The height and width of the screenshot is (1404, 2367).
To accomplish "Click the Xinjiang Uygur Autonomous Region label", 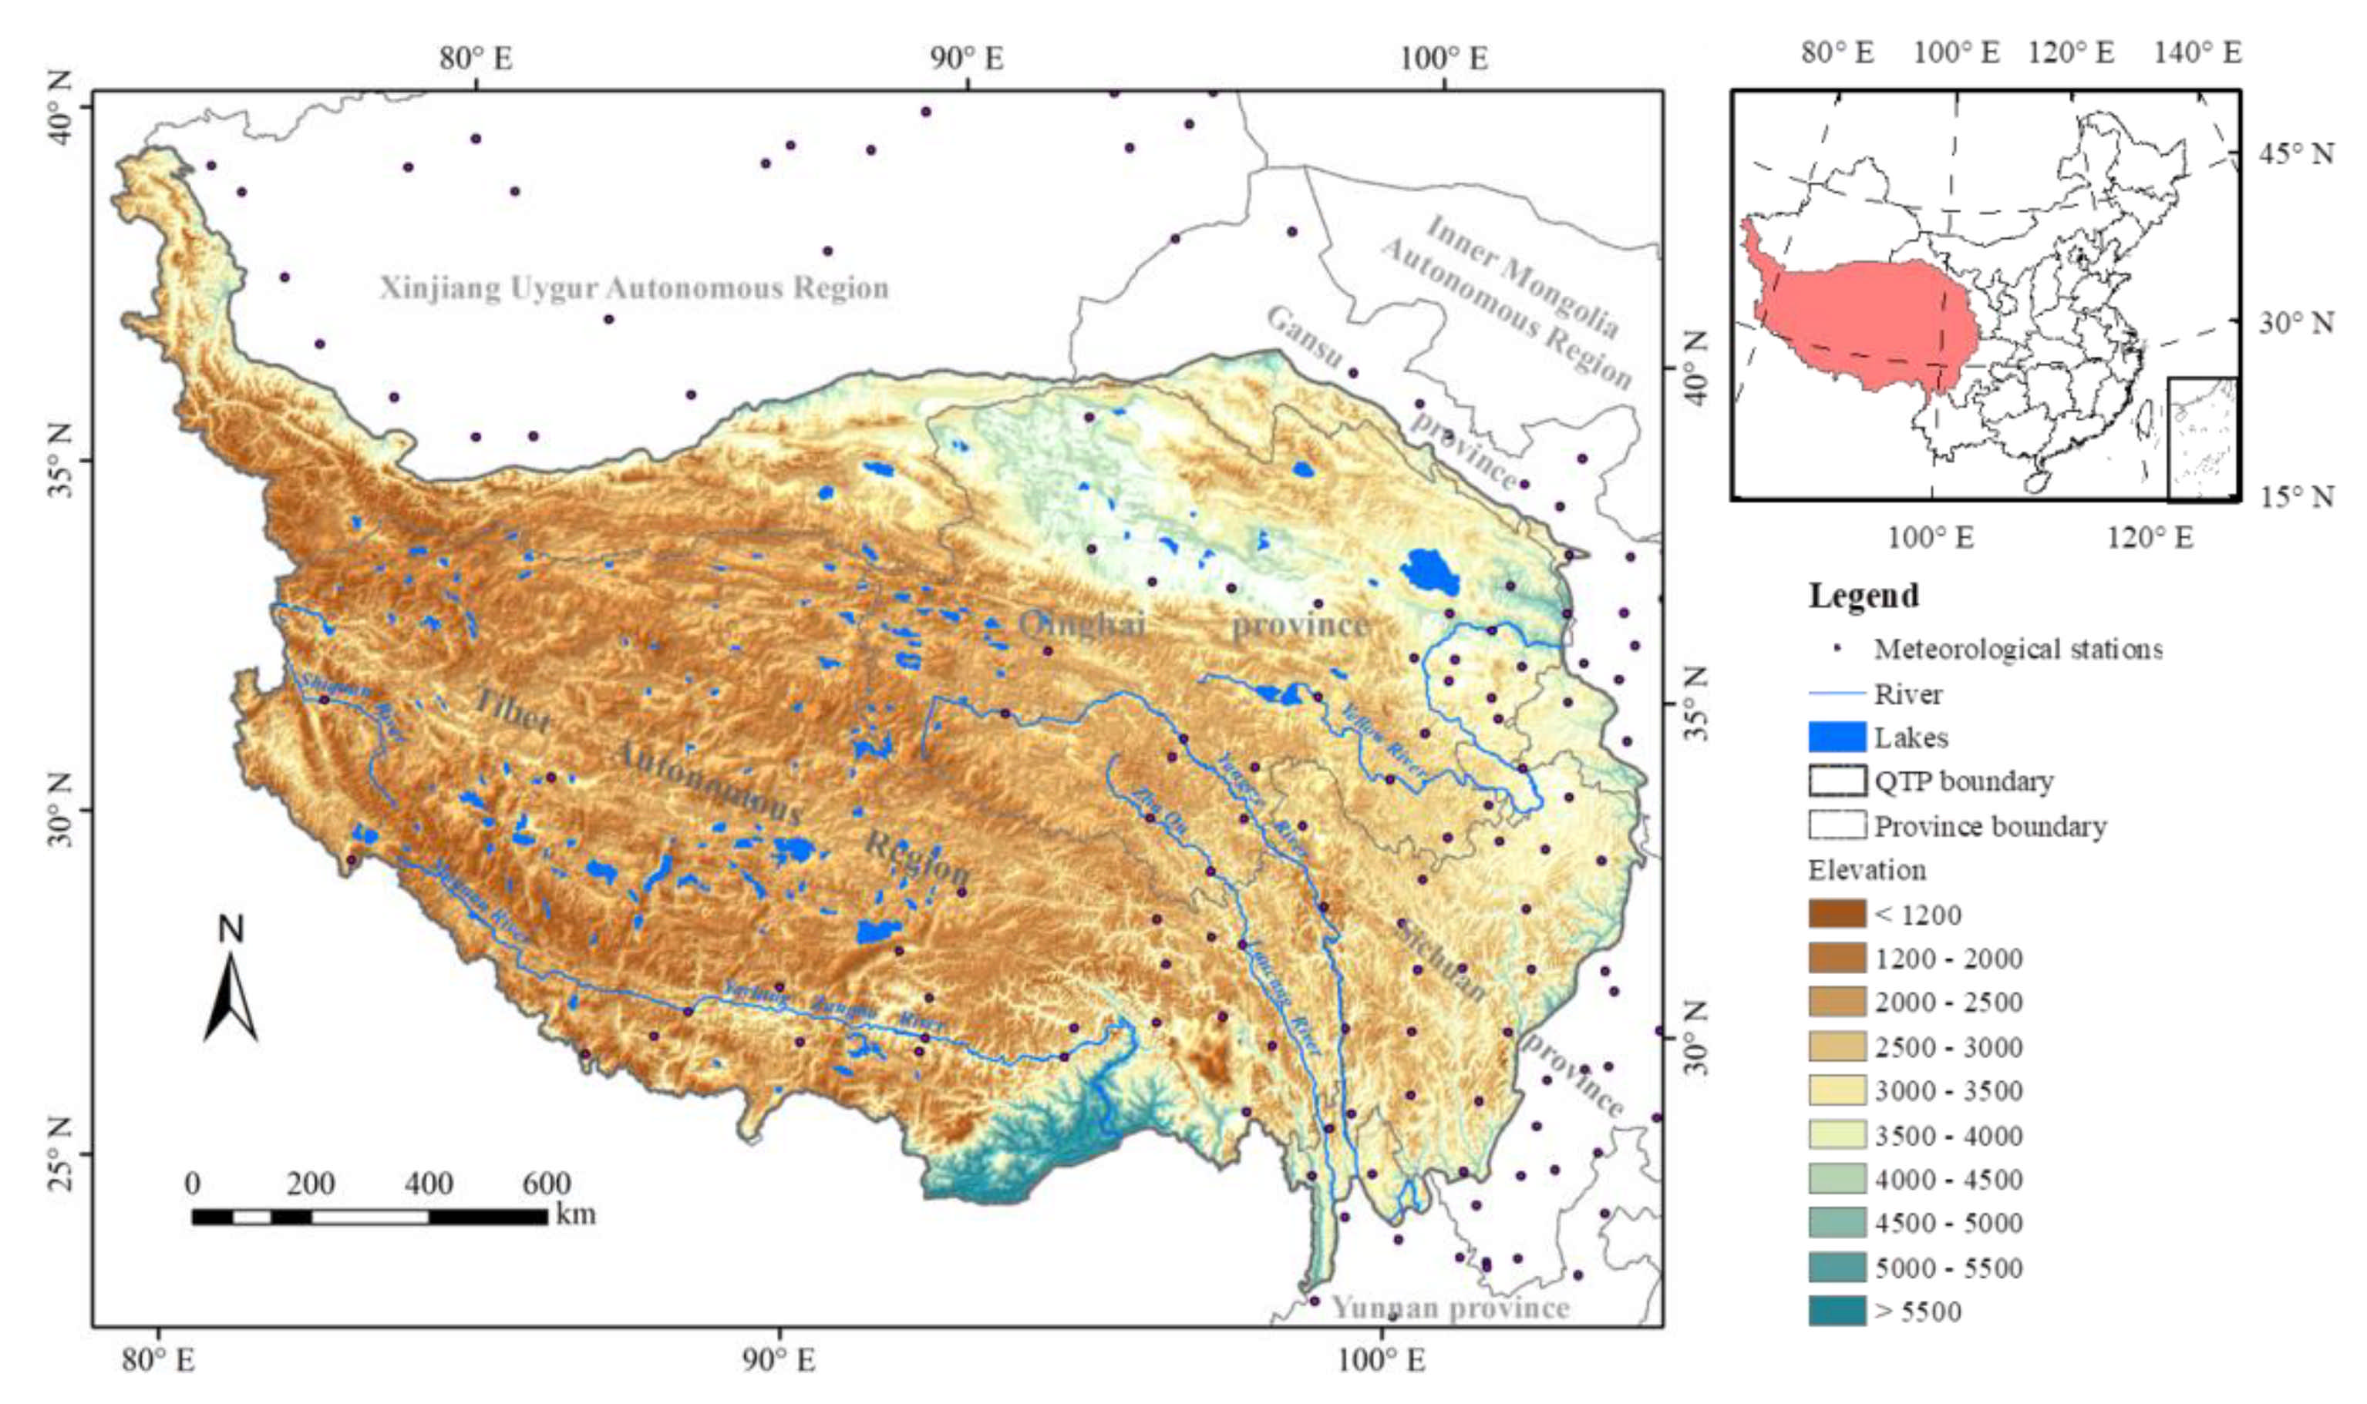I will click(634, 287).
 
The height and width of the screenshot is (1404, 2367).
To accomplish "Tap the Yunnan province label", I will click(1450, 1308).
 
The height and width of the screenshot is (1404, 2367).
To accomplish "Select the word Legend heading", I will click(1864, 595).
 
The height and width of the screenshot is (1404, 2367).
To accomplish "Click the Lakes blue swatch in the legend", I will click(1836, 737).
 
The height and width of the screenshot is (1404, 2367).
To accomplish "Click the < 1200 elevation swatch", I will click(1836, 914).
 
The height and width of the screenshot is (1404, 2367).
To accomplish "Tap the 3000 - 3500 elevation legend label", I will click(1948, 1091).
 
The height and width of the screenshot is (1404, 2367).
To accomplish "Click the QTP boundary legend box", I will click(1836, 781).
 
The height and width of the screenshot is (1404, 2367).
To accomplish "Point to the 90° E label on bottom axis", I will click(778, 1361).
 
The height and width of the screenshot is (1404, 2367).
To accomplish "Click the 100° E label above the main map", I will click(1443, 59).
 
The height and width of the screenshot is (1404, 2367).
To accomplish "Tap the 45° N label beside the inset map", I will click(2296, 153).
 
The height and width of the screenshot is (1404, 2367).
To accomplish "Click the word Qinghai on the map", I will click(1082, 624).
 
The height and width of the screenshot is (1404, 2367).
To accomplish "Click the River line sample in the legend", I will click(1836, 694).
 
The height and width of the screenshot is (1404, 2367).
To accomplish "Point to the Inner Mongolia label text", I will click(1522, 275).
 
